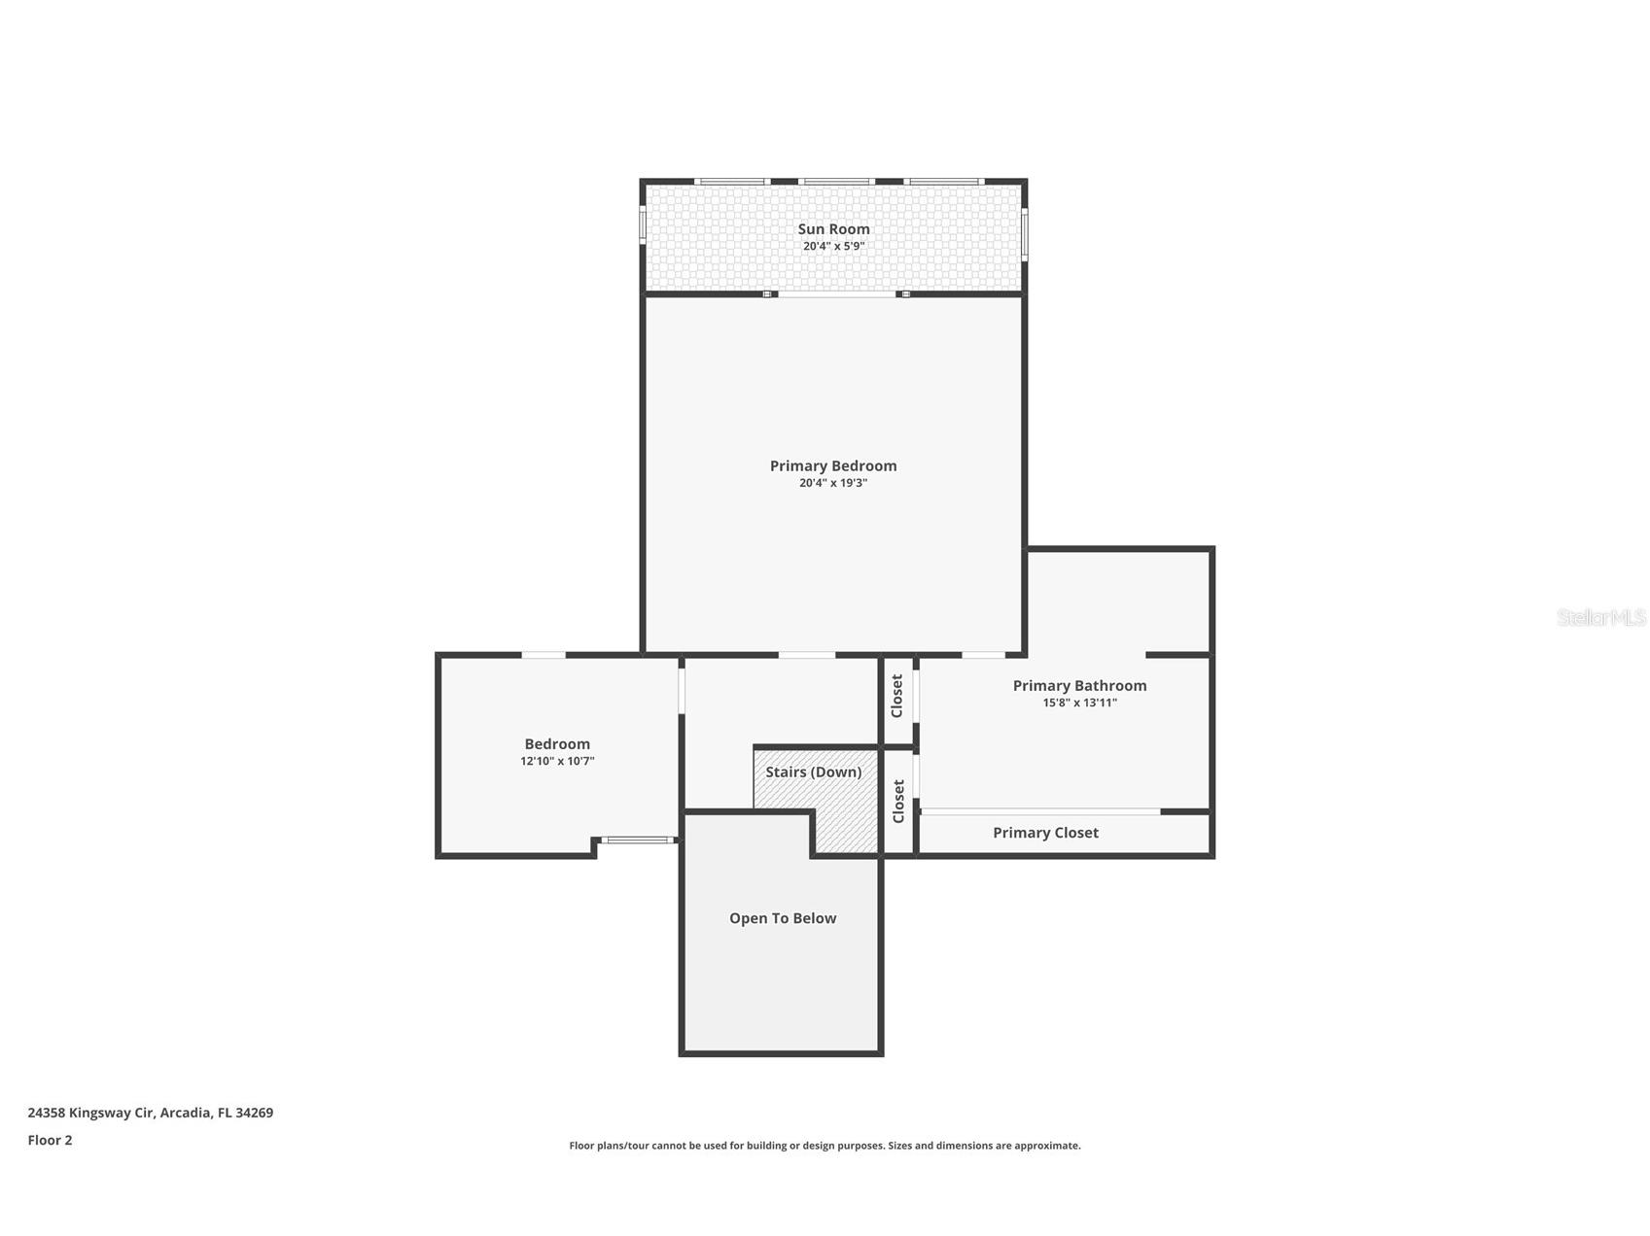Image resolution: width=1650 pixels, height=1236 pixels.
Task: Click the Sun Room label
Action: [x=833, y=229]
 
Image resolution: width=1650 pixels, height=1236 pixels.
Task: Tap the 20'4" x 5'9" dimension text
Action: [x=833, y=247]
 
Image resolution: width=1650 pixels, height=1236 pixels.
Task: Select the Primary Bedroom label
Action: [x=833, y=465]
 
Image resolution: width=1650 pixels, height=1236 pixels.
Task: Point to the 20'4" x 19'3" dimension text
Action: [x=833, y=483]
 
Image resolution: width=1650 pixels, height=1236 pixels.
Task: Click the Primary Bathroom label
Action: [x=1079, y=685]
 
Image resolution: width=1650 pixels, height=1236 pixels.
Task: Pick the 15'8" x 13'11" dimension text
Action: [x=1079, y=703]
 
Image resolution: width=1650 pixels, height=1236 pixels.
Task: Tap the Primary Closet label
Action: [x=1045, y=833]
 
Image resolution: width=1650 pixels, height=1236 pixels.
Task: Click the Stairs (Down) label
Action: [x=813, y=772]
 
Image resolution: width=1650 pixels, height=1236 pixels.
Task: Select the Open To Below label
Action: [x=783, y=918]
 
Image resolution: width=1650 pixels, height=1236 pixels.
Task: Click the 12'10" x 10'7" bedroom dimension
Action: [x=557, y=762]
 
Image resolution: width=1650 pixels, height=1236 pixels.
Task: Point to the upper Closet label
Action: [x=897, y=696]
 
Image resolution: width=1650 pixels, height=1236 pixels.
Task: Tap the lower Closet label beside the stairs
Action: [x=898, y=801]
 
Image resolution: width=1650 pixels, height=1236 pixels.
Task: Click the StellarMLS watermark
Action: [x=1600, y=617]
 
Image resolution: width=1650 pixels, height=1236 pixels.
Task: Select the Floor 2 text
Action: [x=50, y=1141]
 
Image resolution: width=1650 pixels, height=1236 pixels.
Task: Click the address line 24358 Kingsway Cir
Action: [x=151, y=1113]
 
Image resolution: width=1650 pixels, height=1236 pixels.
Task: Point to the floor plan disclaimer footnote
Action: [x=825, y=1146]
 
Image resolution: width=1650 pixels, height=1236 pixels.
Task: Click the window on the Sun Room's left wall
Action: [x=642, y=223]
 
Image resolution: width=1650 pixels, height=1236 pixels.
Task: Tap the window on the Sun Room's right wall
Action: [x=1025, y=234]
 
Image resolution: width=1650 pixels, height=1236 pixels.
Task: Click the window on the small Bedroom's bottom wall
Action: [x=637, y=840]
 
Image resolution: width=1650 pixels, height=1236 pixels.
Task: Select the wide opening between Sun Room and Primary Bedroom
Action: [x=836, y=293]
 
